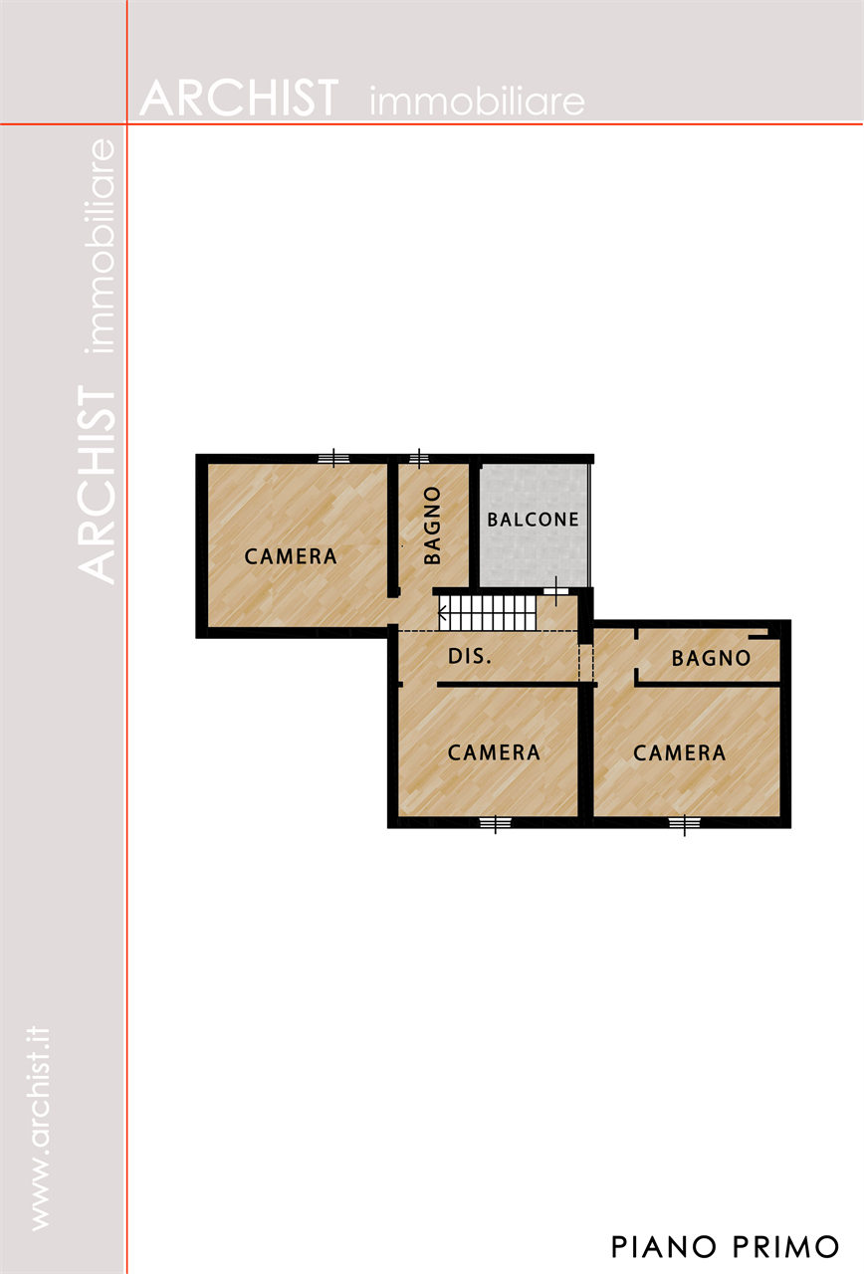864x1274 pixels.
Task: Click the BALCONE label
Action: pos(533,520)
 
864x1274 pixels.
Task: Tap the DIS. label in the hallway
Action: pos(469,656)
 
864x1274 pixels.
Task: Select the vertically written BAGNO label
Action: pos(433,525)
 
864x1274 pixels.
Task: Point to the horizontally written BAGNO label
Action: pos(711,659)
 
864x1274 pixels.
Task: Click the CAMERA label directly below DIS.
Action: pos(494,753)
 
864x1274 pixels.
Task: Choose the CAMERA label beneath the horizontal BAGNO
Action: pos(679,753)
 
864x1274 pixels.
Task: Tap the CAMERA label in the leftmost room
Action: pos(291,556)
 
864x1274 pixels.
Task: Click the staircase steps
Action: pos(488,612)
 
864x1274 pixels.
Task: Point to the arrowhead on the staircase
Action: pos(443,612)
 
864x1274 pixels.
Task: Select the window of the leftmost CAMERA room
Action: pos(333,458)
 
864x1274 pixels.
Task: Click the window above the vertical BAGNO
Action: pos(419,458)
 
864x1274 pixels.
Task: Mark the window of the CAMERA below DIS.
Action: pos(495,823)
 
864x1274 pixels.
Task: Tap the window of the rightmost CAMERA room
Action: pos(684,823)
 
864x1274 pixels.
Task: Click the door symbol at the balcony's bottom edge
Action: pos(555,591)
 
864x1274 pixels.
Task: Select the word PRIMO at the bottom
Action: pos(785,1247)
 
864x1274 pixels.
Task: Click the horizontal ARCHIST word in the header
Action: pos(239,99)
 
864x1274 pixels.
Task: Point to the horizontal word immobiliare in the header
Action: pos(477,102)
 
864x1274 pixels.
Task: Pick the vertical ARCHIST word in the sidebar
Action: pos(96,485)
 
